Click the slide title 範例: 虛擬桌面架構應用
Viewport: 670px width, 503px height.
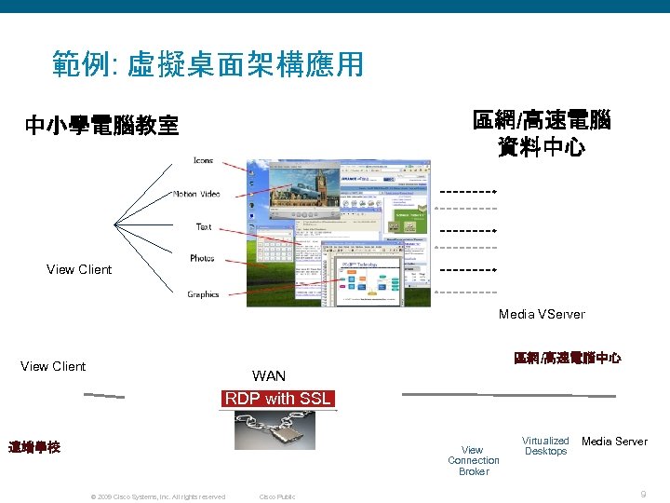[x=208, y=64]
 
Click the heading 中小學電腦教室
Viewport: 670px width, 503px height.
[x=101, y=126]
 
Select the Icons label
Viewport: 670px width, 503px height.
[x=203, y=160]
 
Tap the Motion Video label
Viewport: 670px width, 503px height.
[x=196, y=194]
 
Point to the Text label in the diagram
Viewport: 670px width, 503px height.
[x=204, y=226]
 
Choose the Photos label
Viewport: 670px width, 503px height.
[x=202, y=258]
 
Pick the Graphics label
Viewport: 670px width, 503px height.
[x=203, y=294]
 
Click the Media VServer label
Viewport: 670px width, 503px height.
[x=542, y=314]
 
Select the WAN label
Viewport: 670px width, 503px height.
[x=269, y=376]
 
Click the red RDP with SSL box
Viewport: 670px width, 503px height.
[x=277, y=399]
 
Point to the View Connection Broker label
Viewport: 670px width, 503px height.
[x=473, y=460]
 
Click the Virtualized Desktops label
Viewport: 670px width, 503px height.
[x=545, y=446]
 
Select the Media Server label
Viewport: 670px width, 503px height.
[x=614, y=442]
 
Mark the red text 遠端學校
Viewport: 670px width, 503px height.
[x=34, y=447]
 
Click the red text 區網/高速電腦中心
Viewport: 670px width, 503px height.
[x=567, y=359]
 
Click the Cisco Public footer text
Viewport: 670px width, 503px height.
[x=276, y=496]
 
